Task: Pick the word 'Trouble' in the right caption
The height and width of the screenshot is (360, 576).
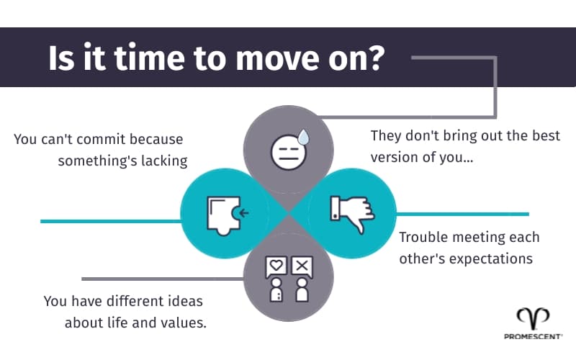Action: (x=425, y=237)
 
